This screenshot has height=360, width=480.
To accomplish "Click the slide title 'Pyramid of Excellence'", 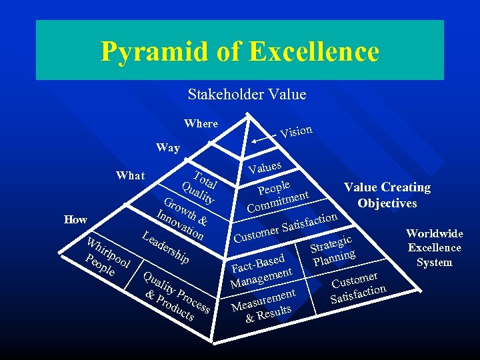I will [240, 52].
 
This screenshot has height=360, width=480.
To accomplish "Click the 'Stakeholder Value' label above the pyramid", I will [247, 95].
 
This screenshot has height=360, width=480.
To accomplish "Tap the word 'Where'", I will [201, 123].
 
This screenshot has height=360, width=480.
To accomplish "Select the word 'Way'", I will [167, 148].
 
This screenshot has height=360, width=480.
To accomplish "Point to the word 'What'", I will [130, 175].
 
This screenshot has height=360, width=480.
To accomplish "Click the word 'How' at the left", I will [75, 219].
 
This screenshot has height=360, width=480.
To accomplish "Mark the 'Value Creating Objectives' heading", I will [387, 195].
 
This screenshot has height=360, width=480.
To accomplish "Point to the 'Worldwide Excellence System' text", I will [435, 248].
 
